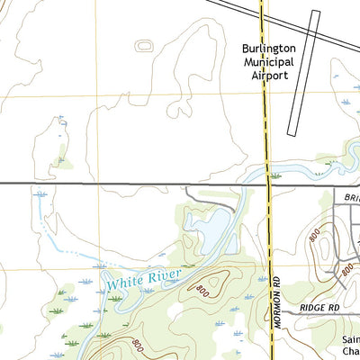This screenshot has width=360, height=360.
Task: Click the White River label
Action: pos(144,279)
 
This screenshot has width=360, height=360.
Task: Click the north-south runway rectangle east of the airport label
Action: pos(304,72)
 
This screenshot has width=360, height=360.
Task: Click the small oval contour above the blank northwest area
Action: pos(144,44)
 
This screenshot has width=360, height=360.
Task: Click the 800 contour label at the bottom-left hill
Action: pos(136,344)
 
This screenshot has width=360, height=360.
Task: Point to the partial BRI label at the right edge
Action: pos(351,194)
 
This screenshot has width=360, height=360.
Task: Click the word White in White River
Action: pos(124,283)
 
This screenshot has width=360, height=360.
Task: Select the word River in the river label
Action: pos(165,274)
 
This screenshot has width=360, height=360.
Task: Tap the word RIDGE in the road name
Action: pos(311,308)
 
